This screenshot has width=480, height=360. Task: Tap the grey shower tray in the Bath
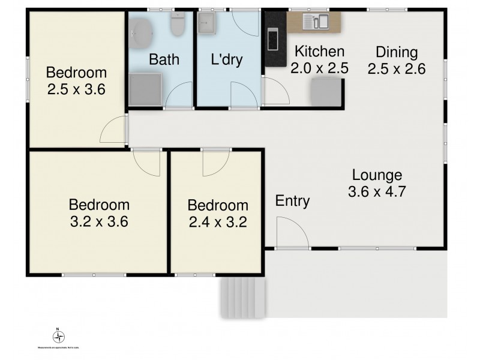[145, 89]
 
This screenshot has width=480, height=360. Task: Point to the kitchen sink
[316, 22]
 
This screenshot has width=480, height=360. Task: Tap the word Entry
[292, 201]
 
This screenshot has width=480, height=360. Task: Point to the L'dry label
[226, 60]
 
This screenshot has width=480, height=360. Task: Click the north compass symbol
[58, 336]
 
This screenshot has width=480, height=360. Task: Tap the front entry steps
[241, 298]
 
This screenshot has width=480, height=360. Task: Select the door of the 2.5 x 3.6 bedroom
[114, 130]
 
